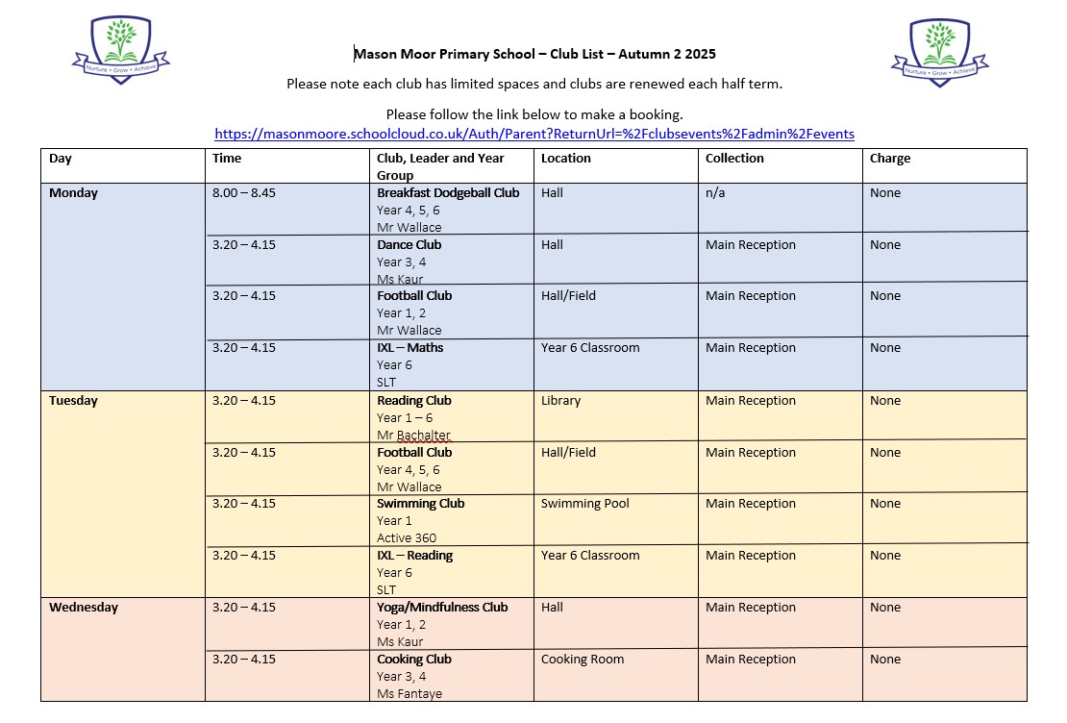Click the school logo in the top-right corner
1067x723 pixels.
point(939,52)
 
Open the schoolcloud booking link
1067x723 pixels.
point(533,134)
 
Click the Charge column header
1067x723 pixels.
point(889,159)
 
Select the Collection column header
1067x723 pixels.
point(734,159)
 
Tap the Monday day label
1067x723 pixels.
point(73,193)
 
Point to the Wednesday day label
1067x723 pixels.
point(84,608)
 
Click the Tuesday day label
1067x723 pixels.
point(75,401)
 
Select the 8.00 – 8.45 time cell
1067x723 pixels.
point(244,193)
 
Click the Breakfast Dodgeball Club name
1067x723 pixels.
point(448,193)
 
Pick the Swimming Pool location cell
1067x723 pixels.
point(584,504)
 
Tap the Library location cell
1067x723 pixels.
point(560,401)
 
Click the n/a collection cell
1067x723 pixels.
point(717,193)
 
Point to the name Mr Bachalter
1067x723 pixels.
point(413,436)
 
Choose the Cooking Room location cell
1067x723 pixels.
point(583,660)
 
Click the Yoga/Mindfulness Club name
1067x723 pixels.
point(442,608)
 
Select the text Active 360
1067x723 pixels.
point(407,538)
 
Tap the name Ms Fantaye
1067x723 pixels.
point(409,694)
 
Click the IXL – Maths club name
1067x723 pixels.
point(410,348)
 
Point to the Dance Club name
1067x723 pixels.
point(409,245)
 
